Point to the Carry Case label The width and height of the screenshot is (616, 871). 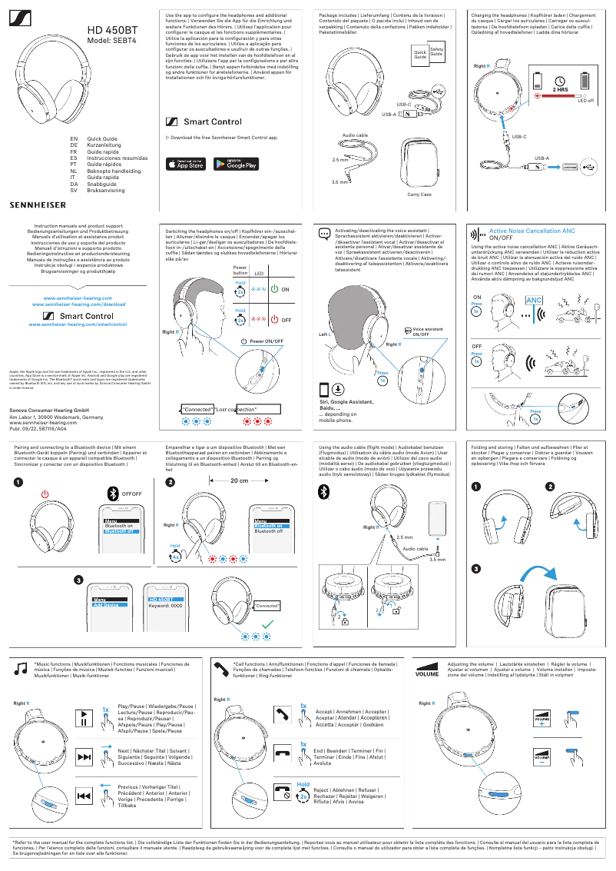[x=419, y=194]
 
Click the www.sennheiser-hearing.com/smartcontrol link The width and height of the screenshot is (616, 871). [x=78, y=325]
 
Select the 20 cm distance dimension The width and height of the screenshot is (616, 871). [x=239, y=482]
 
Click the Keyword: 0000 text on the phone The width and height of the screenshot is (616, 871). [x=165, y=605]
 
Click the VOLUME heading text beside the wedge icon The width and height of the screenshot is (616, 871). [x=427, y=676]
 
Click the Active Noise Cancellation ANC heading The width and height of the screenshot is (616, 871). [x=532, y=231]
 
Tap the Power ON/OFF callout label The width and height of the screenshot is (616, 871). [x=267, y=341]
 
